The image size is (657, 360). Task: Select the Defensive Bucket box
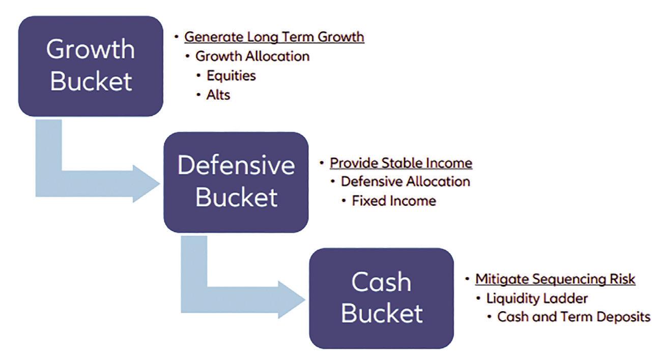pyautogui.click(x=236, y=182)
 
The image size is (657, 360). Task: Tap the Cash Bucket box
pyautogui.click(x=381, y=298)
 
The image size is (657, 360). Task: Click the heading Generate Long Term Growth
pyautogui.click(x=274, y=37)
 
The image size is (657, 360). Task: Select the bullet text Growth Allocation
pyautogui.click(x=252, y=56)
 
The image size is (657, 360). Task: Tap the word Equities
pyautogui.click(x=231, y=76)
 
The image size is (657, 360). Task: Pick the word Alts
pyautogui.click(x=218, y=95)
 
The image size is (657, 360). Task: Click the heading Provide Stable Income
pyautogui.click(x=401, y=163)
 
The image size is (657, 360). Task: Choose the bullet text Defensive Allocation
pyautogui.click(x=405, y=182)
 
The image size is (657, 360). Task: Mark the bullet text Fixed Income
pyautogui.click(x=394, y=201)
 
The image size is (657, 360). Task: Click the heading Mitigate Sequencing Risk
pyautogui.click(x=555, y=279)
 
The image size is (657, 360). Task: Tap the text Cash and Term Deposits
pyautogui.click(x=574, y=317)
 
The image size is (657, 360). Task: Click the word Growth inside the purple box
pyautogui.click(x=91, y=49)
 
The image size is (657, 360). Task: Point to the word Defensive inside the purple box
pyautogui.click(x=236, y=166)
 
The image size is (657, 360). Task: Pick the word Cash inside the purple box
pyautogui.click(x=382, y=282)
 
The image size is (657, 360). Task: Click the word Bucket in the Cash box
pyautogui.click(x=382, y=313)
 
